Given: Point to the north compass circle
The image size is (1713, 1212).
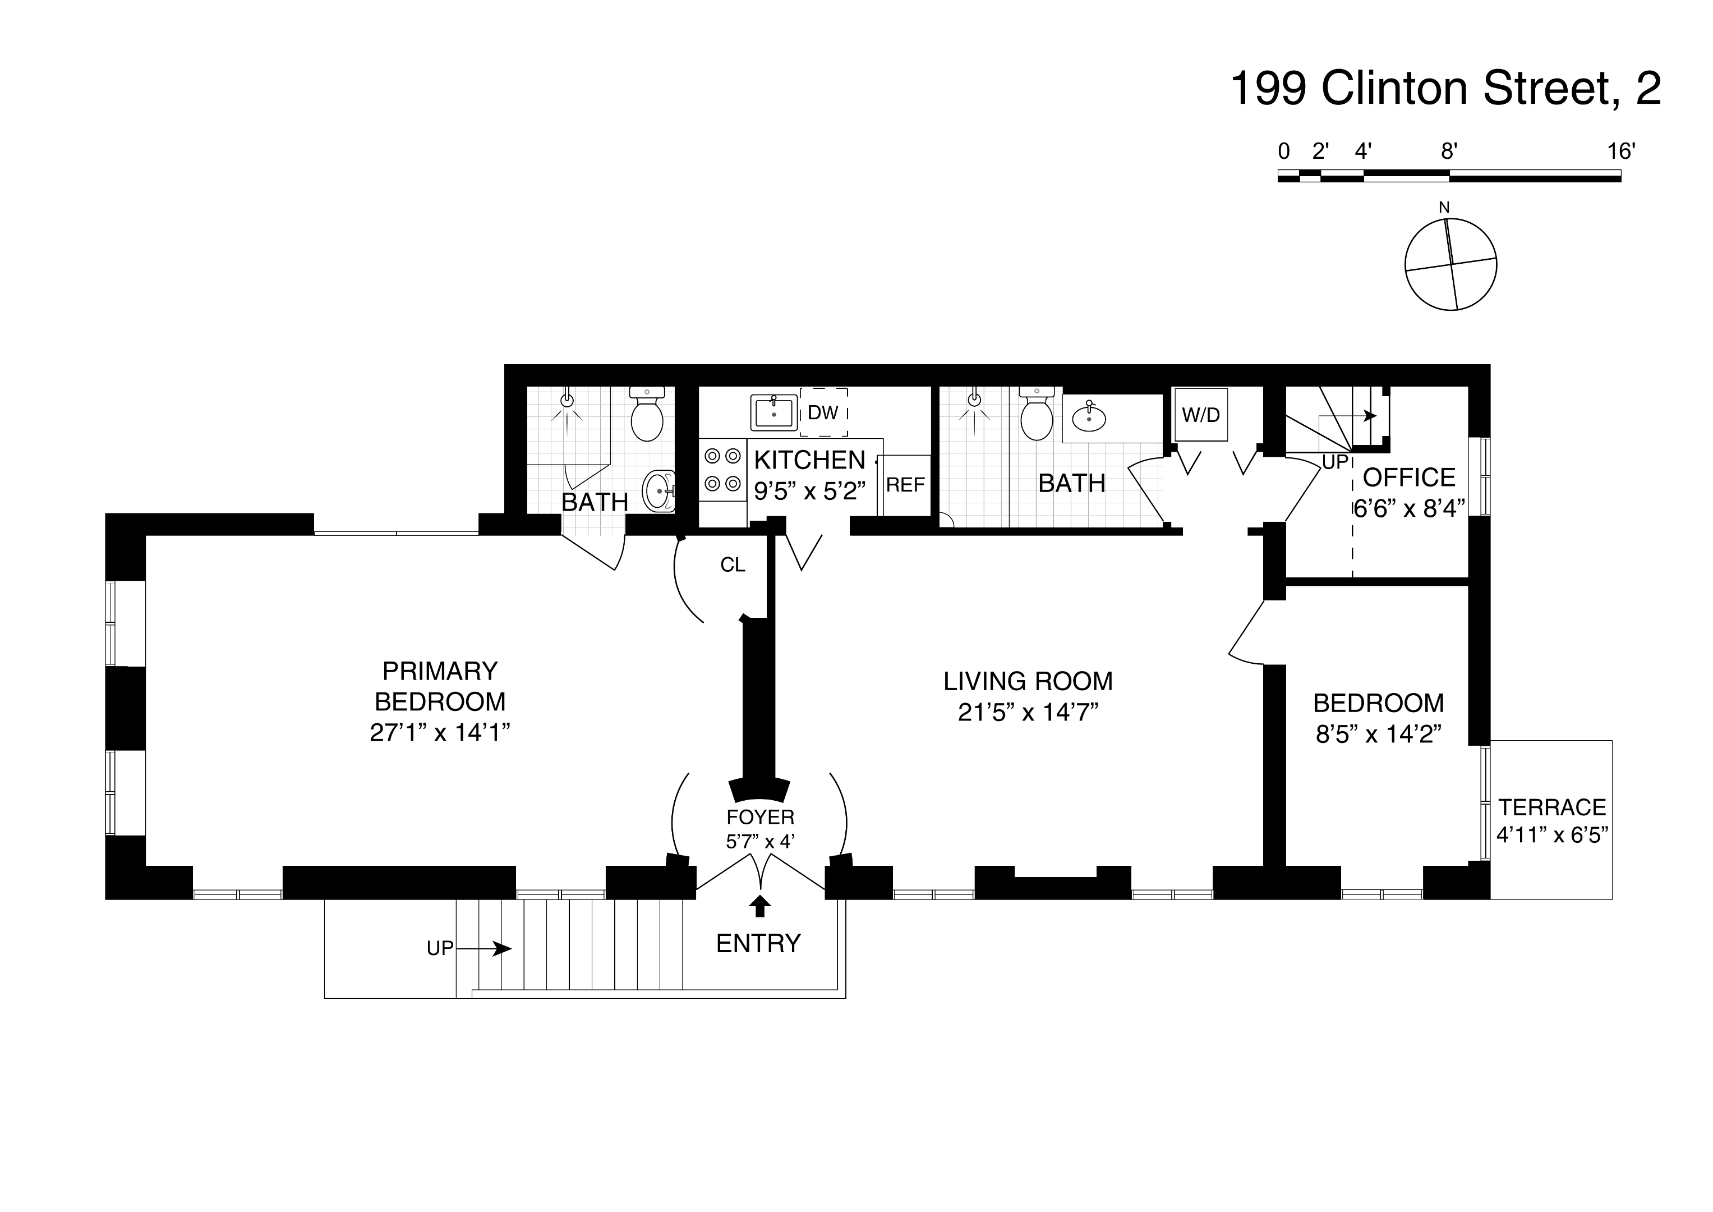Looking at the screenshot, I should [1450, 264].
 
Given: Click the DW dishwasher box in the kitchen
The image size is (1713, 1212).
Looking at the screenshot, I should [823, 412].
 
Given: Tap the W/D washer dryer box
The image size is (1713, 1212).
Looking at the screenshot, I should [1200, 415].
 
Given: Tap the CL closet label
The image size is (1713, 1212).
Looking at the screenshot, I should [733, 565].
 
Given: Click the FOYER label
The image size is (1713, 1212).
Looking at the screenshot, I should [760, 817].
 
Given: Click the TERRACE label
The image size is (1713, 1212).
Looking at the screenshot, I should [1552, 807].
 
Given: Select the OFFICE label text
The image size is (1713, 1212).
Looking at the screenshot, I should [1408, 478].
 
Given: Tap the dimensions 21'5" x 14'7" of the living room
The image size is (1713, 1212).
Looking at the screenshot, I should [1028, 713].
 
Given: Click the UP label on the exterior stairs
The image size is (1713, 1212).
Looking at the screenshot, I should [439, 948].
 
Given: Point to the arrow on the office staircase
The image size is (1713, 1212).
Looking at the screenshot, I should [1370, 416].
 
